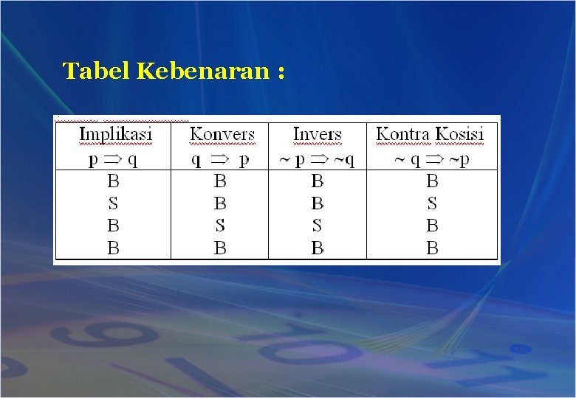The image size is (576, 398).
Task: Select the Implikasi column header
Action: click(x=115, y=134)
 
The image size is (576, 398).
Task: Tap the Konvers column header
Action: click(x=222, y=134)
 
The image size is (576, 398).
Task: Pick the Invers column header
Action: click(x=317, y=134)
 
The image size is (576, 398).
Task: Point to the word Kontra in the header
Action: click(x=403, y=134)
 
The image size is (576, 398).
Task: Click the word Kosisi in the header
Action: click(x=459, y=134)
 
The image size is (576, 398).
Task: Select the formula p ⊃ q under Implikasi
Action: click(x=113, y=159)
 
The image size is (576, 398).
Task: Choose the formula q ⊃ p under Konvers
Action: click(x=221, y=159)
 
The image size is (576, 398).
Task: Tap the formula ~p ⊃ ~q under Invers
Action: click(x=318, y=159)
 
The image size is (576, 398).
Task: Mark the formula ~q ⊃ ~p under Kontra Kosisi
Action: click(x=432, y=160)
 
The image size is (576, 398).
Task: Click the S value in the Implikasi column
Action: click(x=113, y=203)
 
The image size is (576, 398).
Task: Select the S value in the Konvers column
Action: click(x=220, y=226)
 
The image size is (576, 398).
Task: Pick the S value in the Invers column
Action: click(x=317, y=226)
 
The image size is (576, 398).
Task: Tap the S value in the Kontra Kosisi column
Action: click(x=432, y=203)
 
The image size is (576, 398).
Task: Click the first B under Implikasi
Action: click(x=113, y=181)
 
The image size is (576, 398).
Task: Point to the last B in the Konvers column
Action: click(x=220, y=248)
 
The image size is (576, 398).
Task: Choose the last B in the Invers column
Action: click(x=317, y=248)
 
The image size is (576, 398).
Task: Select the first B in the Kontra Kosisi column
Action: click(x=432, y=181)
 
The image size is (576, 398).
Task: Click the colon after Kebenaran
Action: click(x=281, y=73)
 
